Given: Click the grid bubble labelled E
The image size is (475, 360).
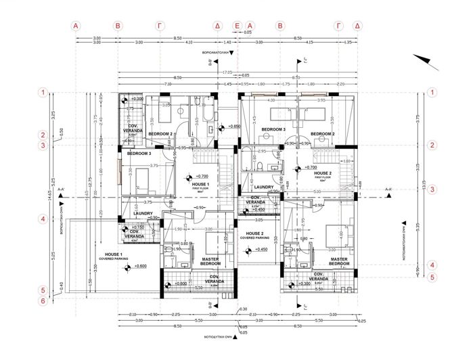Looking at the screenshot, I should point(237,25).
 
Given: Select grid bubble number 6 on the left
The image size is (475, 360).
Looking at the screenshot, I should point(43,301).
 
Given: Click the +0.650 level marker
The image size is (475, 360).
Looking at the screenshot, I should point(233,127).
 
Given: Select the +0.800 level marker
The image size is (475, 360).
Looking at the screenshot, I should point(179,284).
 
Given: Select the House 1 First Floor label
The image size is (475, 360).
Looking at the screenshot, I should point(201,186).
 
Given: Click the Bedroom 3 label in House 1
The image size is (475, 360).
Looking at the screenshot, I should point(139,154).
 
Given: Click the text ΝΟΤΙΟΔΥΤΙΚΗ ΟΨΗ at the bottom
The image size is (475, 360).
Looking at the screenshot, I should point(223,336).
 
